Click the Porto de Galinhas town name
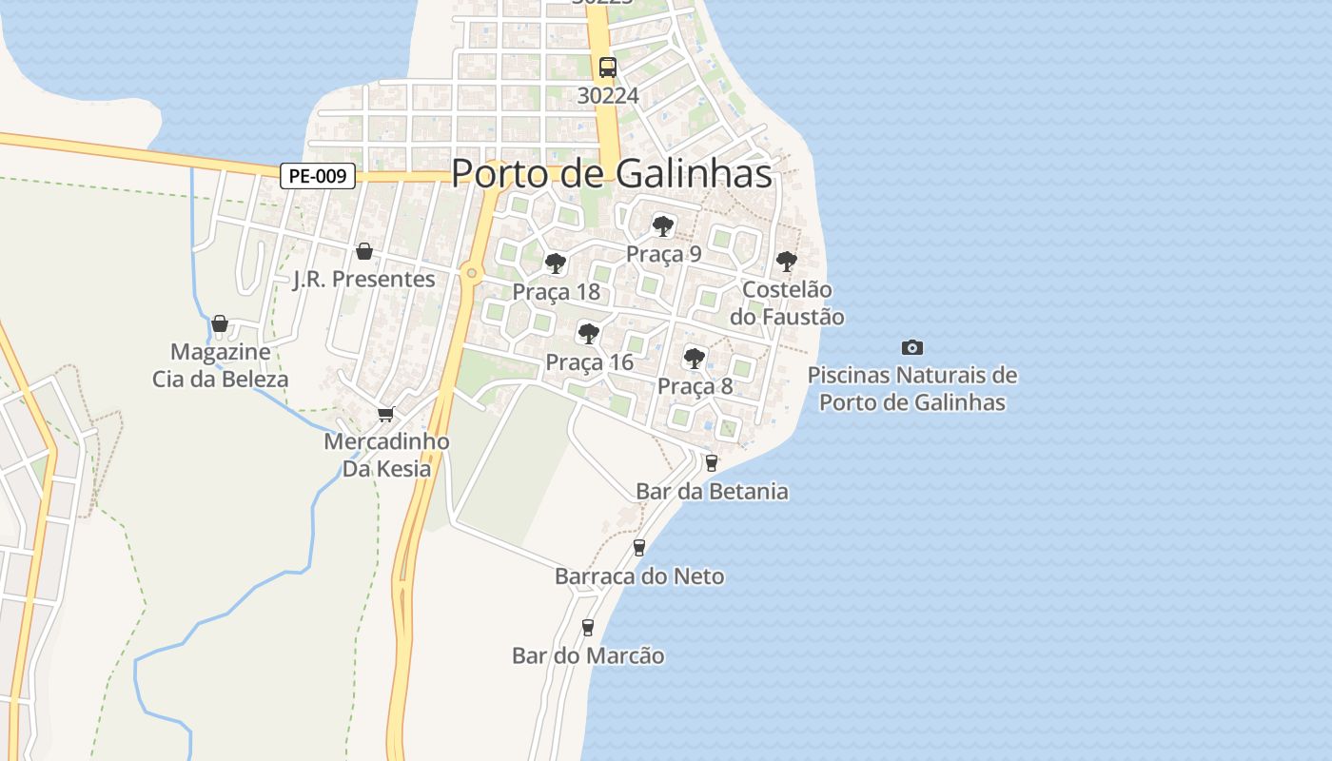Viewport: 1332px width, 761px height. click(611, 174)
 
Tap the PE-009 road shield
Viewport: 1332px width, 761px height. click(318, 176)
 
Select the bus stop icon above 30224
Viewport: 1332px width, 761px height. click(607, 68)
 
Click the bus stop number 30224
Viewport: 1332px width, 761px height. click(608, 95)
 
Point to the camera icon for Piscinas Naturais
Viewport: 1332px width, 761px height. click(911, 348)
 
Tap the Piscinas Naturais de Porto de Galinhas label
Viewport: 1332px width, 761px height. click(911, 388)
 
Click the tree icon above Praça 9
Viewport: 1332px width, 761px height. click(663, 226)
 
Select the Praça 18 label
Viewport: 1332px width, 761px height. click(556, 292)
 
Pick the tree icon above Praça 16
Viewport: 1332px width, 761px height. click(589, 334)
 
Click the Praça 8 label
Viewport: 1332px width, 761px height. click(695, 386)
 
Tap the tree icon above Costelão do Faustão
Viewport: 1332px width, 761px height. click(786, 262)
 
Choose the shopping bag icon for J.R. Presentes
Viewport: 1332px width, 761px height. click(363, 252)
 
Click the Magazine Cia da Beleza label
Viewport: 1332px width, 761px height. click(220, 365)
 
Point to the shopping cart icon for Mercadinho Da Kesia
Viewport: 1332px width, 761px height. click(385, 414)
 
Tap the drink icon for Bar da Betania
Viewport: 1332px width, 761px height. click(711, 463)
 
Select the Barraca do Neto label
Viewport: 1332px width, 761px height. click(638, 576)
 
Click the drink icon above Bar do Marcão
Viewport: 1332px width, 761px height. click(588, 628)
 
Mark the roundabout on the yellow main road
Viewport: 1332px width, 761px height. click(471, 274)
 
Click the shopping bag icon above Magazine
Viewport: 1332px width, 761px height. click(220, 324)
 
